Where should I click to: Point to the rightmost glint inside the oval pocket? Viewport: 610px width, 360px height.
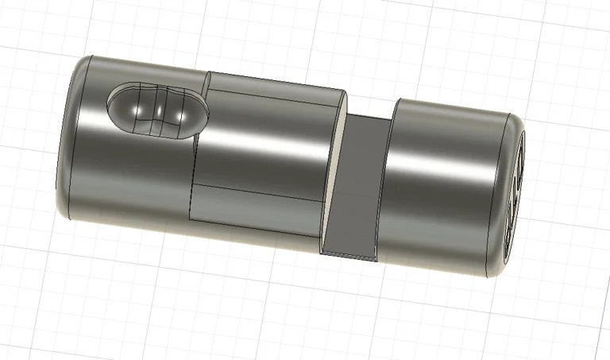tap(183, 115)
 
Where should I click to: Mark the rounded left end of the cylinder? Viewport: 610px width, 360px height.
tap(68, 135)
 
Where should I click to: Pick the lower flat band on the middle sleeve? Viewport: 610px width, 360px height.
tap(254, 211)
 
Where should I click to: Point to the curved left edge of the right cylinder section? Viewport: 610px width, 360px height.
tap(386, 183)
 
